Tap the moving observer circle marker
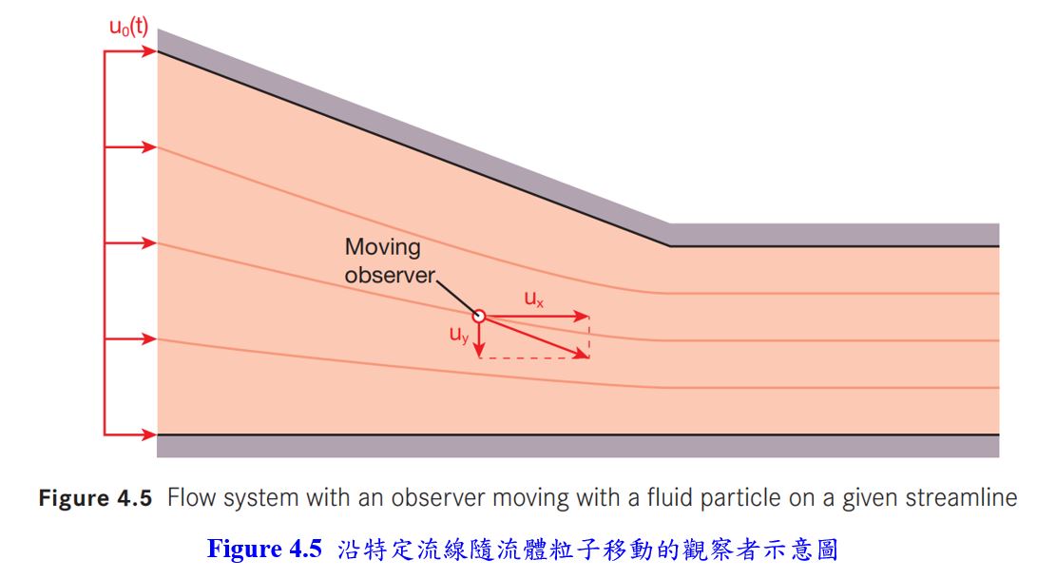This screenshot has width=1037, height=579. [x=479, y=317]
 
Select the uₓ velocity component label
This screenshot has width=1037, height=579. [x=534, y=299]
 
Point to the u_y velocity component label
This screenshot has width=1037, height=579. [x=459, y=335]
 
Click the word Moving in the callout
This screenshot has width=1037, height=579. [x=382, y=247]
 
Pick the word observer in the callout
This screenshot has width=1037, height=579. [x=389, y=275]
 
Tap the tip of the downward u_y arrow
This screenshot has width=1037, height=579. [x=479, y=354]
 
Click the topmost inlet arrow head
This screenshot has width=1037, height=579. [x=150, y=51]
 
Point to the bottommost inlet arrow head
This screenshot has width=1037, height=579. [x=150, y=434]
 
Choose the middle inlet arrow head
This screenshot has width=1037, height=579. [x=150, y=243]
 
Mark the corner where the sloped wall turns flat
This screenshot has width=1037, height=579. [x=670, y=246]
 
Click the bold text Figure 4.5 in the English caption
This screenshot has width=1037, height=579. [x=95, y=498]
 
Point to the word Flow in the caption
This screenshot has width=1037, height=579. [x=188, y=498]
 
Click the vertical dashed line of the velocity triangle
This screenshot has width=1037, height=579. [x=589, y=338]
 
